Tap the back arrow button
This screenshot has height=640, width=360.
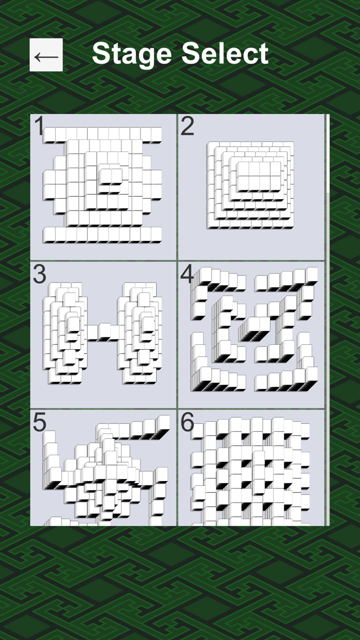click(46, 55)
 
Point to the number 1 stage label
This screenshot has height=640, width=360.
click(39, 127)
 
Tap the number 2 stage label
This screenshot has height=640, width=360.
click(187, 127)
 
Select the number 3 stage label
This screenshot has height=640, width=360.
click(40, 275)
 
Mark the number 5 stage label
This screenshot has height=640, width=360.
click(40, 422)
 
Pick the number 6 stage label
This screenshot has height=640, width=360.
click(187, 422)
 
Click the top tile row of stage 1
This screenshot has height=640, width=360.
click(102, 135)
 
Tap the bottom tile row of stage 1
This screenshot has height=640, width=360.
click(102, 235)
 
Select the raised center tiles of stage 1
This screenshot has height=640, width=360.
click(111, 175)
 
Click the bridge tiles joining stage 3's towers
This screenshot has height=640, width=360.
click(102, 332)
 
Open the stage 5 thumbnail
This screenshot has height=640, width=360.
click(103, 468)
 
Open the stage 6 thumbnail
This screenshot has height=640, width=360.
click(251, 468)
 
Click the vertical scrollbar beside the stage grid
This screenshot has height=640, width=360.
click(327, 154)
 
